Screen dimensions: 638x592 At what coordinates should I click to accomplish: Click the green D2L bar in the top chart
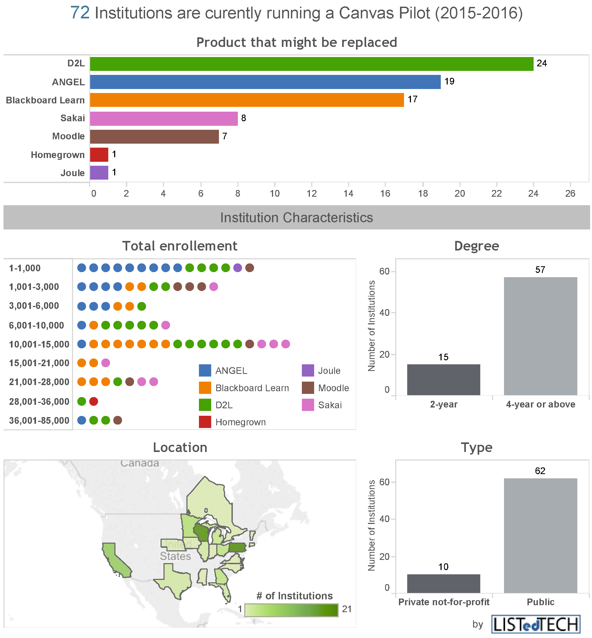pyautogui.click(x=311, y=64)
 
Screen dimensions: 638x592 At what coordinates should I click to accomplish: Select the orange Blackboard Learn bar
pyautogui.click(x=247, y=100)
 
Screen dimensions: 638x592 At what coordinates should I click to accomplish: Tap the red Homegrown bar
pyautogui.click(x=99, y=155)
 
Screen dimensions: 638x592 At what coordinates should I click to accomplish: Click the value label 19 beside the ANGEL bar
pyautogui.click(x=449, y=81)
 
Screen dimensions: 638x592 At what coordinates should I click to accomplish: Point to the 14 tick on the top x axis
pyautogui.click(x=348, y=193)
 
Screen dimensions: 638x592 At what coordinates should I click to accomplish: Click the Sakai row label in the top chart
pyautogui.click(x=73, y=118)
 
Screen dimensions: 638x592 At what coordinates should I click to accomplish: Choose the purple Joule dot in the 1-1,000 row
pyautogui.click(x=238, y=268)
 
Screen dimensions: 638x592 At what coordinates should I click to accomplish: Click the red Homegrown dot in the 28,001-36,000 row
pyautogui.click(x=94, y=401)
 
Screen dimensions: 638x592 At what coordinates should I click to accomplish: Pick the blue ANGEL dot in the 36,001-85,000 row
pyautogui.click(x=82, y=420)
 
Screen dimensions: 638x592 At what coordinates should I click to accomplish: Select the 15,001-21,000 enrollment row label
pyautogui.click(x=39, y=363)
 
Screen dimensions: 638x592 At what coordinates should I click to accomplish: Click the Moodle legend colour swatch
pyautogui.click(x=308, y=388)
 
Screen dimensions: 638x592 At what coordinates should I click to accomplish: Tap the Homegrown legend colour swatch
pyautogui.click(x=205, y=422)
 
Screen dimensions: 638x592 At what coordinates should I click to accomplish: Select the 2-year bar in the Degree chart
pyautogui.click(x=443, y=380)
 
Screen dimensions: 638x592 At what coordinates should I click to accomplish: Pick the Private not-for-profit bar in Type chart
pyautogui.click(x=443, y=583)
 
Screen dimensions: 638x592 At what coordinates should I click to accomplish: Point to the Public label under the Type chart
pyautogui.click(x=541, y=602)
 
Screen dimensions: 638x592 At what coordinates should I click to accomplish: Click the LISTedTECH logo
pyautogui.click(x=536, y=624)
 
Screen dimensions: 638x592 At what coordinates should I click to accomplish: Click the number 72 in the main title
pyautogui.click(x=80, y=13)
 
